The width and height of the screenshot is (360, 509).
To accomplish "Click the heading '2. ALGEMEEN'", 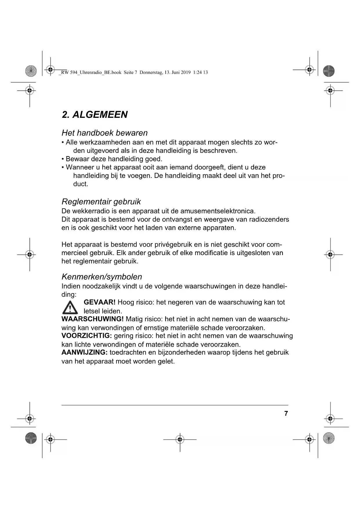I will [95, 115].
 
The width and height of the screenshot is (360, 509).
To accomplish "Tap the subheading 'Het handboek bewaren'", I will [104, 133].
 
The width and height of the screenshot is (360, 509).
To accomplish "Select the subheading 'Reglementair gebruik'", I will [101, 202].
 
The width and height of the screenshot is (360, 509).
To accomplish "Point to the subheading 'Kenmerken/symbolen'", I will [102, 277].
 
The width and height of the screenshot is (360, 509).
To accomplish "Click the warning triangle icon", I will [70, 308].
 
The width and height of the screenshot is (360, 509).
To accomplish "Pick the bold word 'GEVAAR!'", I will [100, 302].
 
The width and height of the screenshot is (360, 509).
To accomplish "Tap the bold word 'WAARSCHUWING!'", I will [93, 319].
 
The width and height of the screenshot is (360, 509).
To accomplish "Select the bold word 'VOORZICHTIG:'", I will [87, 336].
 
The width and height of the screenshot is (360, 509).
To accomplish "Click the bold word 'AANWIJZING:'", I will [84, 353].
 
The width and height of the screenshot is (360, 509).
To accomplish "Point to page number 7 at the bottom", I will [286, 414].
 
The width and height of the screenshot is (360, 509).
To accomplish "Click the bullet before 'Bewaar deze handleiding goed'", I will [63, 159].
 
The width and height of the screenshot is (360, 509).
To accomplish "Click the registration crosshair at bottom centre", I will [180, 440].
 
